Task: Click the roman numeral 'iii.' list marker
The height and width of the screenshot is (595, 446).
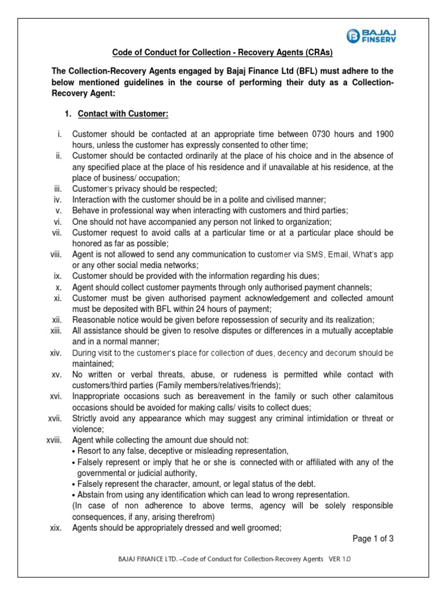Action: click(57, 189)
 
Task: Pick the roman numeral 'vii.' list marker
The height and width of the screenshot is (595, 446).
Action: click(56, 232)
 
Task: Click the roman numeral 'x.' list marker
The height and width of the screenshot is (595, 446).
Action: click(59, 287)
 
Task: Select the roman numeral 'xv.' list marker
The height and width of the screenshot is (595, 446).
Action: click(56, 374)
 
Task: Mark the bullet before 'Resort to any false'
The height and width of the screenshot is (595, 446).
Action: click(74, 451)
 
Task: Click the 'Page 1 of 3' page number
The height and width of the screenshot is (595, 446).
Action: click(373, 539)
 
